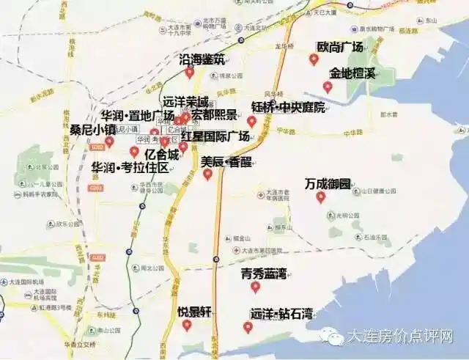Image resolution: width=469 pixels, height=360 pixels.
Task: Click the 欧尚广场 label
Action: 340,47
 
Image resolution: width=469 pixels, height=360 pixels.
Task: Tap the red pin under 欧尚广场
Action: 314,59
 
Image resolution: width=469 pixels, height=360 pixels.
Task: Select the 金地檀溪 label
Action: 352,74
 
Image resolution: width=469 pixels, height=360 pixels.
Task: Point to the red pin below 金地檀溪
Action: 328,87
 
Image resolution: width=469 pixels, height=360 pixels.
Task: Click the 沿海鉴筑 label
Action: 202,59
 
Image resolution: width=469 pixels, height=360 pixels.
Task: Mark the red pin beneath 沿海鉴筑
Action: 190,72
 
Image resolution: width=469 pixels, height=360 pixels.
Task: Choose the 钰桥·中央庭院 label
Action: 287,107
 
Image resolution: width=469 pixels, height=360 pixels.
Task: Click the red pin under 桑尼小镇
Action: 109,142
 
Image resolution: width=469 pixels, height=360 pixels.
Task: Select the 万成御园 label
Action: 328,183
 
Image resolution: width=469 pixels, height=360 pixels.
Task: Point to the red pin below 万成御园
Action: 320,196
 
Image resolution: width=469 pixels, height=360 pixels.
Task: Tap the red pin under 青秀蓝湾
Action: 255,287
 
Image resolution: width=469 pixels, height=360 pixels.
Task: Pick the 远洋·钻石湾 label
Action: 281,315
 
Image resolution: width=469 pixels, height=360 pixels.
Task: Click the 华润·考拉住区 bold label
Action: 130,168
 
